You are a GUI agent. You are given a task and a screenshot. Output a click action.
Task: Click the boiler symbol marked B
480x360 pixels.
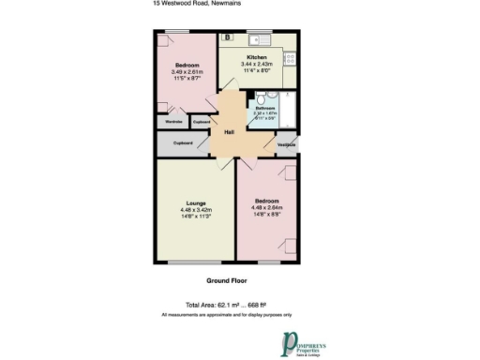point(228,37)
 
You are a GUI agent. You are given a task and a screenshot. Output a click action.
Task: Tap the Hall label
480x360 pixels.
point(228,132)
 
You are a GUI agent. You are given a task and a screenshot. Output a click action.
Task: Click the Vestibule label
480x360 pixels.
point(287,144)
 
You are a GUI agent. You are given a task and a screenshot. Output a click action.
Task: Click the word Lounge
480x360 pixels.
point(196,202)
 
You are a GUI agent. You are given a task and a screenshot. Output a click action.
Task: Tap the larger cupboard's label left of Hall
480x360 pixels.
point(183,143)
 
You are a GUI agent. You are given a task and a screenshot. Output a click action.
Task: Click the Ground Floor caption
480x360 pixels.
point(226,280)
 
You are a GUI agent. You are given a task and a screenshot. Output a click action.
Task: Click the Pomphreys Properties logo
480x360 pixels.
point(304,341)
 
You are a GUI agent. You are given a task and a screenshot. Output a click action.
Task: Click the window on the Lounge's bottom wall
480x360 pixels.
point(195,262)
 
